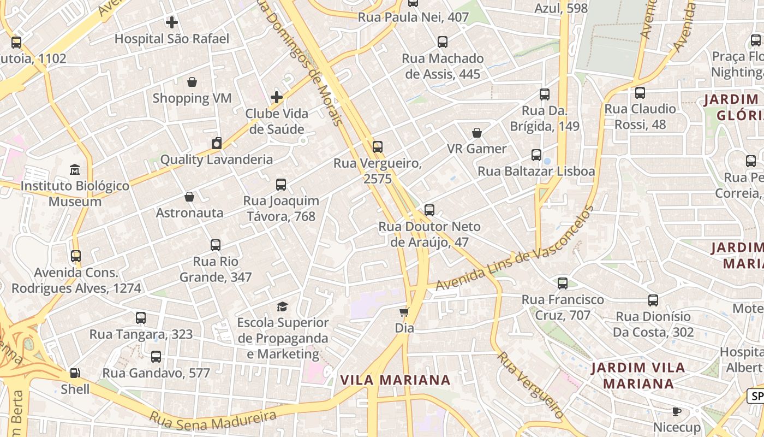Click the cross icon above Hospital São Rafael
[172, 22]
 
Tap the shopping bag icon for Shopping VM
[192, 82]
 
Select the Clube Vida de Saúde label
[277, 121]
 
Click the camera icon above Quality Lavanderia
[217, 144]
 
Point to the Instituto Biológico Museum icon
[75, 170]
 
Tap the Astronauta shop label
[189, 212]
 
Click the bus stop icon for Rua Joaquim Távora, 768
[281, 185]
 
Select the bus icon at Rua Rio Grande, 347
[216, 245]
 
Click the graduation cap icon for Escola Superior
[282, 306]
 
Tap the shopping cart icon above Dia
[404, 312]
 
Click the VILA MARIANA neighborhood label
[395, 380]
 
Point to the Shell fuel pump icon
[75, 373]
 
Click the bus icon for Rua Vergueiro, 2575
[377, 146]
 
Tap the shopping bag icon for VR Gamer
[477, 133]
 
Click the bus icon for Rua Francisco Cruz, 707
[563, 284]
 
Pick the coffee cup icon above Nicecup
[677, 411]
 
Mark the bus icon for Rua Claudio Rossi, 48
[640, 93]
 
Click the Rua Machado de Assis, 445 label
[443, 66]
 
